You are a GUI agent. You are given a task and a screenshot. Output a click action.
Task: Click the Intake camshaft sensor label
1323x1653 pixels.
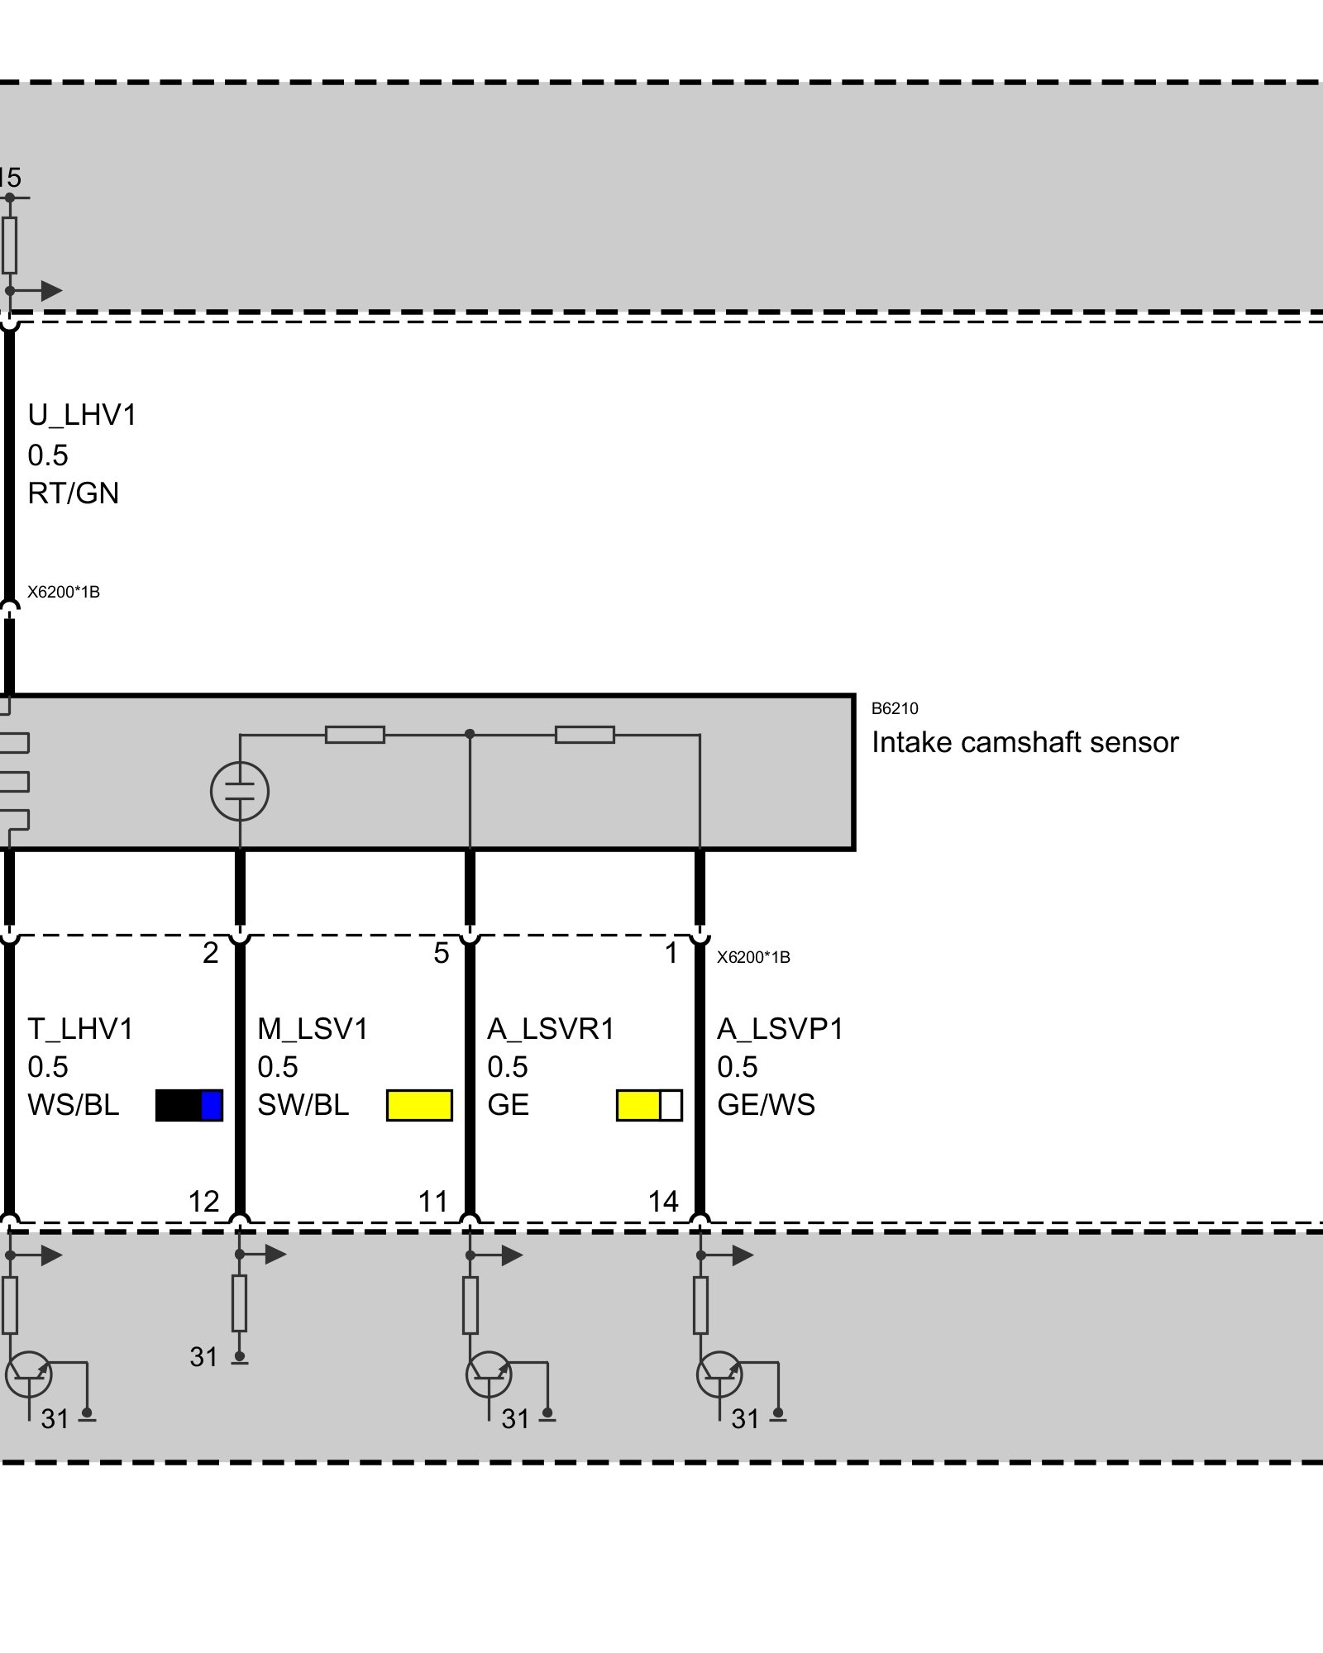click(1024, 743)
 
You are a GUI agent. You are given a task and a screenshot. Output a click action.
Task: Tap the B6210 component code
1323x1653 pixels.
click(895, 708)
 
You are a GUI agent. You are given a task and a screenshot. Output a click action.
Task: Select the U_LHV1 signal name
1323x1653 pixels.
click(82, 415)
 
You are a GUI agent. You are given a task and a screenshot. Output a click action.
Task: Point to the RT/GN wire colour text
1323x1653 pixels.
click(74, 493)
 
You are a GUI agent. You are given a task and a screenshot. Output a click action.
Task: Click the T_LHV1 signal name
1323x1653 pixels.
click(80, 1029)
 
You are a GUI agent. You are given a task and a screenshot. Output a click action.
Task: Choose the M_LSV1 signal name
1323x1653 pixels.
click(313, 1029)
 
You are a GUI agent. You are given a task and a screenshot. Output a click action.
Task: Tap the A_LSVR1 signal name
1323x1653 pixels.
click(551, 1029)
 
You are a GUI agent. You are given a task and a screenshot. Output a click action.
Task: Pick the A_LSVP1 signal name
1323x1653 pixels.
click(780, 1029)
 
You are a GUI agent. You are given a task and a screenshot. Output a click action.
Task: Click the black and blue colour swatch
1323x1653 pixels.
click(189, 1106)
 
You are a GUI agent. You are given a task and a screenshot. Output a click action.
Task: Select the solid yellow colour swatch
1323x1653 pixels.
click(419, 1106)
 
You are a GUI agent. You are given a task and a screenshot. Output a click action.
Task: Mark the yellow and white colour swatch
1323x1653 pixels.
click(649, 1106)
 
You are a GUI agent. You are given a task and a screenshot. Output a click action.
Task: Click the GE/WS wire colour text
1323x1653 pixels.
click(766, 1106)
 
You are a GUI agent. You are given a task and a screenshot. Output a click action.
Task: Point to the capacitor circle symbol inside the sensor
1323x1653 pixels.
click(240, 791)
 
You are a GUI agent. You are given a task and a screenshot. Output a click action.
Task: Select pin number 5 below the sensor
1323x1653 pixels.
click(442, 954)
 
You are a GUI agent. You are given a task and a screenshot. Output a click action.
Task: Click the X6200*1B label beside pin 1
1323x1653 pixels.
click(753, 958)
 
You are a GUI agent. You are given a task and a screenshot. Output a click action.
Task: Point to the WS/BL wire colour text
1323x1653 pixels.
click(74, 1106)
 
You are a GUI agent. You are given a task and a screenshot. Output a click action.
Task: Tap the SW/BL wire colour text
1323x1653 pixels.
click(303, 1106)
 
